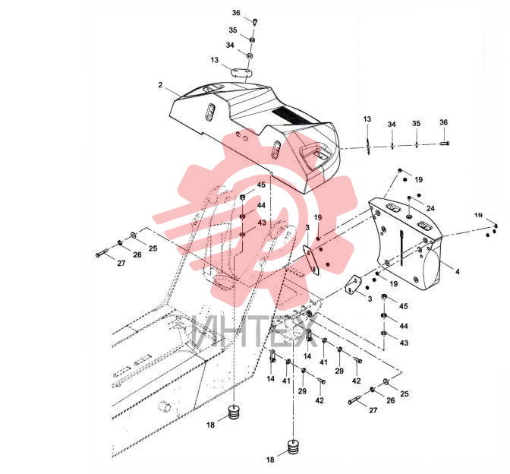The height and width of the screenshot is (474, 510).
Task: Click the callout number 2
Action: click(x=160, y=85)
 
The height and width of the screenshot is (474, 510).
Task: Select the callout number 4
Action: click(x=458, y=271)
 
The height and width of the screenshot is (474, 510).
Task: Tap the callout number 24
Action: click(x=430, y=208)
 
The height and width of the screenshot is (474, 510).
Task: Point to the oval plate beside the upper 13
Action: click(x=241, y=72)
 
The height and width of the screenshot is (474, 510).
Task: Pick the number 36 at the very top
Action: click(x=236, y=13)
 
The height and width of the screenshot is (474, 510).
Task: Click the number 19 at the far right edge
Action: click(x=478, y=215)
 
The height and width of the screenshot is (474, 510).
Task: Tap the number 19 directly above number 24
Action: click(x=419, y=180)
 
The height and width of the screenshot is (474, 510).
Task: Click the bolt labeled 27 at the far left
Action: click(x=102, y=253)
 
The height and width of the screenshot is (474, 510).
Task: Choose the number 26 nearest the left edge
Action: click(x=137, y=255)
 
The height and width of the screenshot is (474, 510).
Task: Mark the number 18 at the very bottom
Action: click(x=270, y=460)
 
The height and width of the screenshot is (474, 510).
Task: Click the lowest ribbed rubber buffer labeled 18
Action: click(x=294, y=447)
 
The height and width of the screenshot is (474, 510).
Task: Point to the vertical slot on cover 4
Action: click(x=402, y=248)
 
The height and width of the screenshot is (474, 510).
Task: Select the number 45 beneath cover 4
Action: click(x=404, y=306)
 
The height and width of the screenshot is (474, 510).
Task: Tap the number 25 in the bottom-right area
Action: click(x=405, y=394)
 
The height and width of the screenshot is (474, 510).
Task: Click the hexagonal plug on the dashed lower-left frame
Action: click(x=164, y=406)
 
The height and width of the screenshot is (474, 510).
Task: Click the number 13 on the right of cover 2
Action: click(x=367, y=119)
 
